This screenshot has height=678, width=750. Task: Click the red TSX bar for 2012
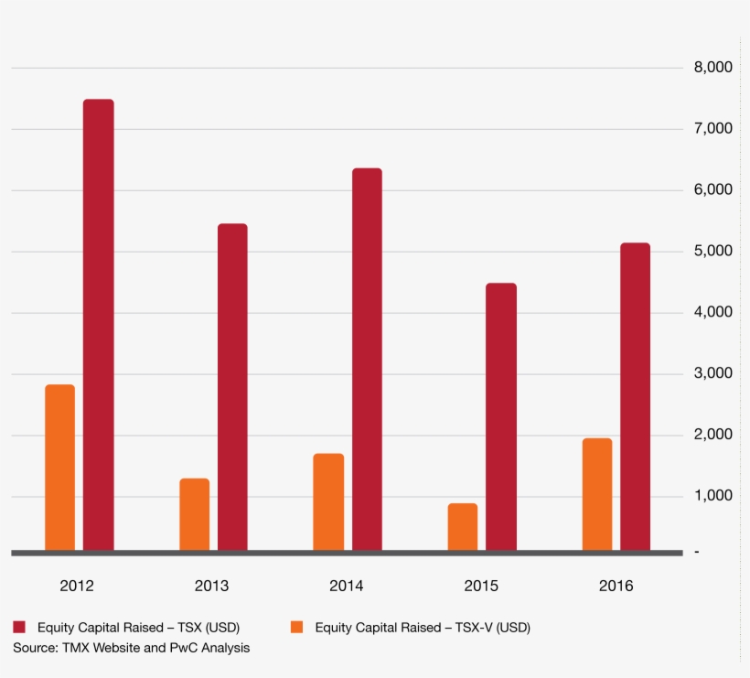click(x=99, y=325)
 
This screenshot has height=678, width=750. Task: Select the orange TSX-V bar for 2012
click(x=59, y=468)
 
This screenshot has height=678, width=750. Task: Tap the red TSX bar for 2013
click(x=232, y=387)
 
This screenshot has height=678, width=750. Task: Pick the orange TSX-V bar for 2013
click(x=194, y=514)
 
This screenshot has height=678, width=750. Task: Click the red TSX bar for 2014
click(x=367, y=360)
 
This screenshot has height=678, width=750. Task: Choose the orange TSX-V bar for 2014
click(x=328, y=502)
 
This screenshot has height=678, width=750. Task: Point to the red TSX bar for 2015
click(x=501, y=417)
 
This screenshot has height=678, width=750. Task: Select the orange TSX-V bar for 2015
click(x=463, y=527)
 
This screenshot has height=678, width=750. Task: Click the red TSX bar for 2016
click(x=635, y=397)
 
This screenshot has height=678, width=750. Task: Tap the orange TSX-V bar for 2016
click(x=596, y=494)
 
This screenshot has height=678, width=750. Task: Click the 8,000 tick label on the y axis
click(x=712, y=68)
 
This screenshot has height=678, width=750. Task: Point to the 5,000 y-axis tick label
click(x=712, y=252)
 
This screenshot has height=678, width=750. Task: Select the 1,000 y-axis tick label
click(x=712, y=496)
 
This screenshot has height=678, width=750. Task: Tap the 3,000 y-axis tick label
click(x=712, y=373)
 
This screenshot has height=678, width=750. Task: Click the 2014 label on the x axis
click(x=347, y=587)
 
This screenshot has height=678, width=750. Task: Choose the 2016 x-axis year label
click(x=616, y=587)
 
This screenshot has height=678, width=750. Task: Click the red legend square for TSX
click(x=19, y=628)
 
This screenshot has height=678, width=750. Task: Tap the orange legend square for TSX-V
click(x=296, y=628)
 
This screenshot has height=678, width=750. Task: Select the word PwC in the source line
click(x=183, y=648)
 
